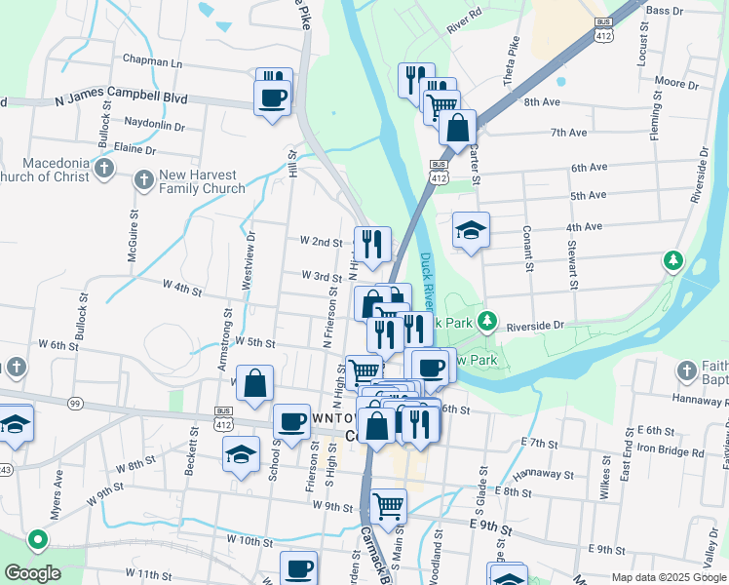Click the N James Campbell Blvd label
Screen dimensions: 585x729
coord(121,99)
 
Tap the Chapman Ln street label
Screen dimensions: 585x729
coord(153,61)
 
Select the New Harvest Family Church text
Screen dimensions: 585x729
coord(202,181)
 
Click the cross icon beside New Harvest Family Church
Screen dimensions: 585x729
coord(143,179)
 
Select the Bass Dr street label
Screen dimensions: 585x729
coord(664,10)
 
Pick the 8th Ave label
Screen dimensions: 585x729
coord(542,101)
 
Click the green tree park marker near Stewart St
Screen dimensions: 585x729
coord(671,260)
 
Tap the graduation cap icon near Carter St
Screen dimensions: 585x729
coord(471,231)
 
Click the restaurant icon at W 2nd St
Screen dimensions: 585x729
coord(370,244)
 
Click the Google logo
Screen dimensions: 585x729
coord(32,573)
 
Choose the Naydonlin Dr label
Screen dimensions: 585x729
coord(155,125)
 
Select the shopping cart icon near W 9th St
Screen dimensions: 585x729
coord(388,505)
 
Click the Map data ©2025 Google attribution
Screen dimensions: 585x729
coord(667,577)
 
